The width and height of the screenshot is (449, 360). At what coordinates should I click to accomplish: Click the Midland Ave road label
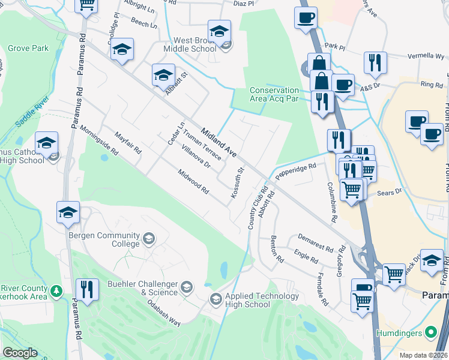(219, 143)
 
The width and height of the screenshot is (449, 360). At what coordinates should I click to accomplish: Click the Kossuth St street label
(237, 184)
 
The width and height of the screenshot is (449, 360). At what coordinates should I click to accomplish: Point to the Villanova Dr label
(196, 155)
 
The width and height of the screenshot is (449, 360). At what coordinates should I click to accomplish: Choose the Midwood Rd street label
(193, 181)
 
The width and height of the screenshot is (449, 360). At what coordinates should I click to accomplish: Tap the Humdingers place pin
(430, 332)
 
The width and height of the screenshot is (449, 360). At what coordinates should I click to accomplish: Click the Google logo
(20, 353)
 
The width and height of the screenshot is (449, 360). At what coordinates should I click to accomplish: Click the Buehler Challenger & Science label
(142, 288)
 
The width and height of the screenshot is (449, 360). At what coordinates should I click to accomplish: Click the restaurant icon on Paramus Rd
(88, 291)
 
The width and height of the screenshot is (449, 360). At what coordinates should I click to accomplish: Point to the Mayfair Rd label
(128, 143)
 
